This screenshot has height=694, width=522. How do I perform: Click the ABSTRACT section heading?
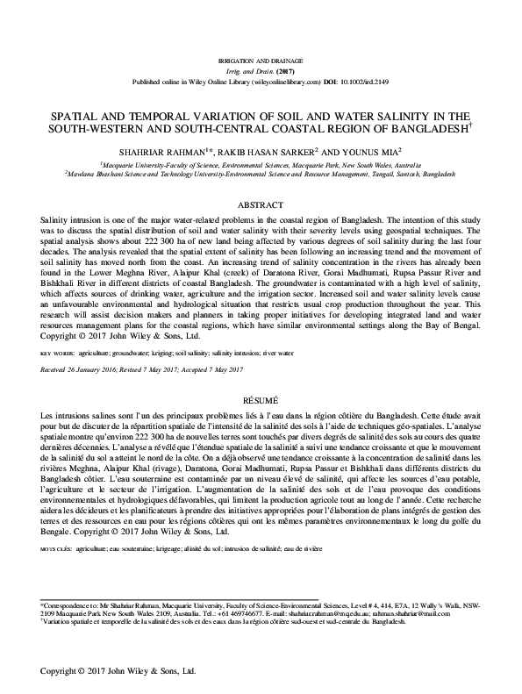click(261, 204)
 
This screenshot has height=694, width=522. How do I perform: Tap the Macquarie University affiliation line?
click(261, 164)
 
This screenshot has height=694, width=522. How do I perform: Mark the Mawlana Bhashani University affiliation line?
click(261, 174)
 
